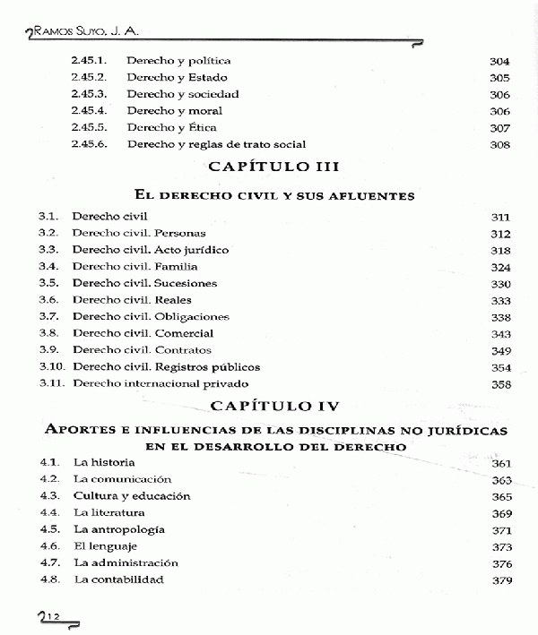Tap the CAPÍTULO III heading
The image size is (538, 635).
click(268, 167)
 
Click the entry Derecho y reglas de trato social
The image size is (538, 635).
click(216, 144)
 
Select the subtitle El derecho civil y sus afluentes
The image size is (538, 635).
click(268, 195)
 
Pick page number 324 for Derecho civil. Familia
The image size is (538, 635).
click(500, 267)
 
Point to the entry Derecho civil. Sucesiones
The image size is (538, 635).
click(144, 283)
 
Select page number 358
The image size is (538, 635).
click(500, 384)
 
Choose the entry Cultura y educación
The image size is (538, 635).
click(132, 495)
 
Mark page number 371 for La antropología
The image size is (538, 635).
click(500, 529)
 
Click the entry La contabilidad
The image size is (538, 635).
click(118, 579)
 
